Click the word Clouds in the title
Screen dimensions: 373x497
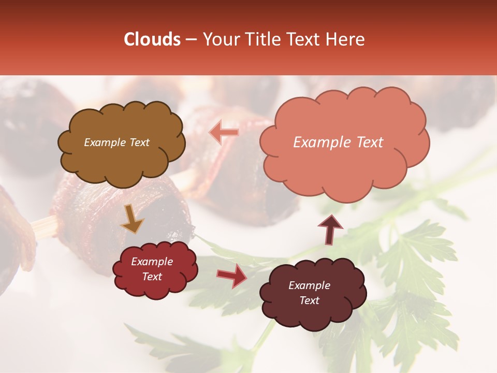pos(152,39)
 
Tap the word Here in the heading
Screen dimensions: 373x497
pos(346,39)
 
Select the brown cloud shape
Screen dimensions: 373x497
pos(121,155)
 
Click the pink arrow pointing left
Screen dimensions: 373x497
pos(225,133)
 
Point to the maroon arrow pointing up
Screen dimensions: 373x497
pos(330,228)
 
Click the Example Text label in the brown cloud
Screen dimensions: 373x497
pos(116,142)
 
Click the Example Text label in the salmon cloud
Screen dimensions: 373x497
pos(338,142)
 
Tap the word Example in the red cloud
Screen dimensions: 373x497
pos(152,262)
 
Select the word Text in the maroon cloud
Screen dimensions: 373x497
pos(309,300)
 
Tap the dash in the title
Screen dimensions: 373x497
pos(191,39)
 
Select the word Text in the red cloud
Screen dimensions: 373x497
pos(152,277)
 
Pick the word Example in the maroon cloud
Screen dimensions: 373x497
pos(309,285)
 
